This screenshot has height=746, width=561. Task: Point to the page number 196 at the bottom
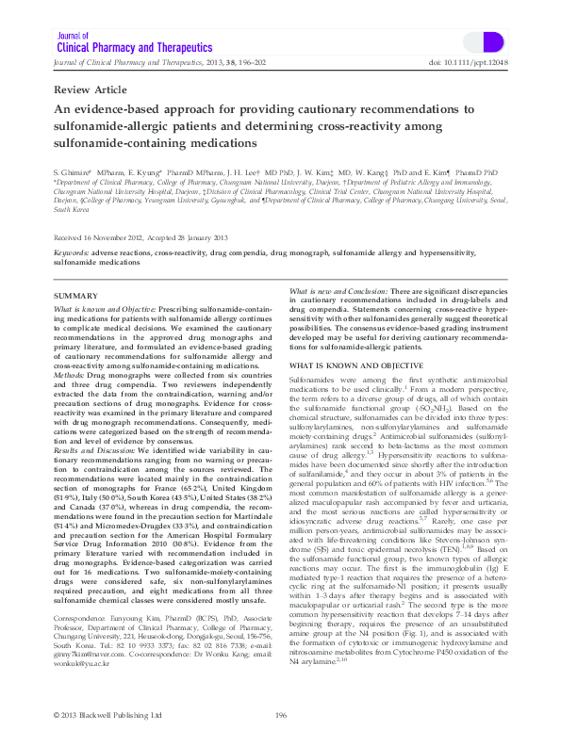[281, 716]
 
